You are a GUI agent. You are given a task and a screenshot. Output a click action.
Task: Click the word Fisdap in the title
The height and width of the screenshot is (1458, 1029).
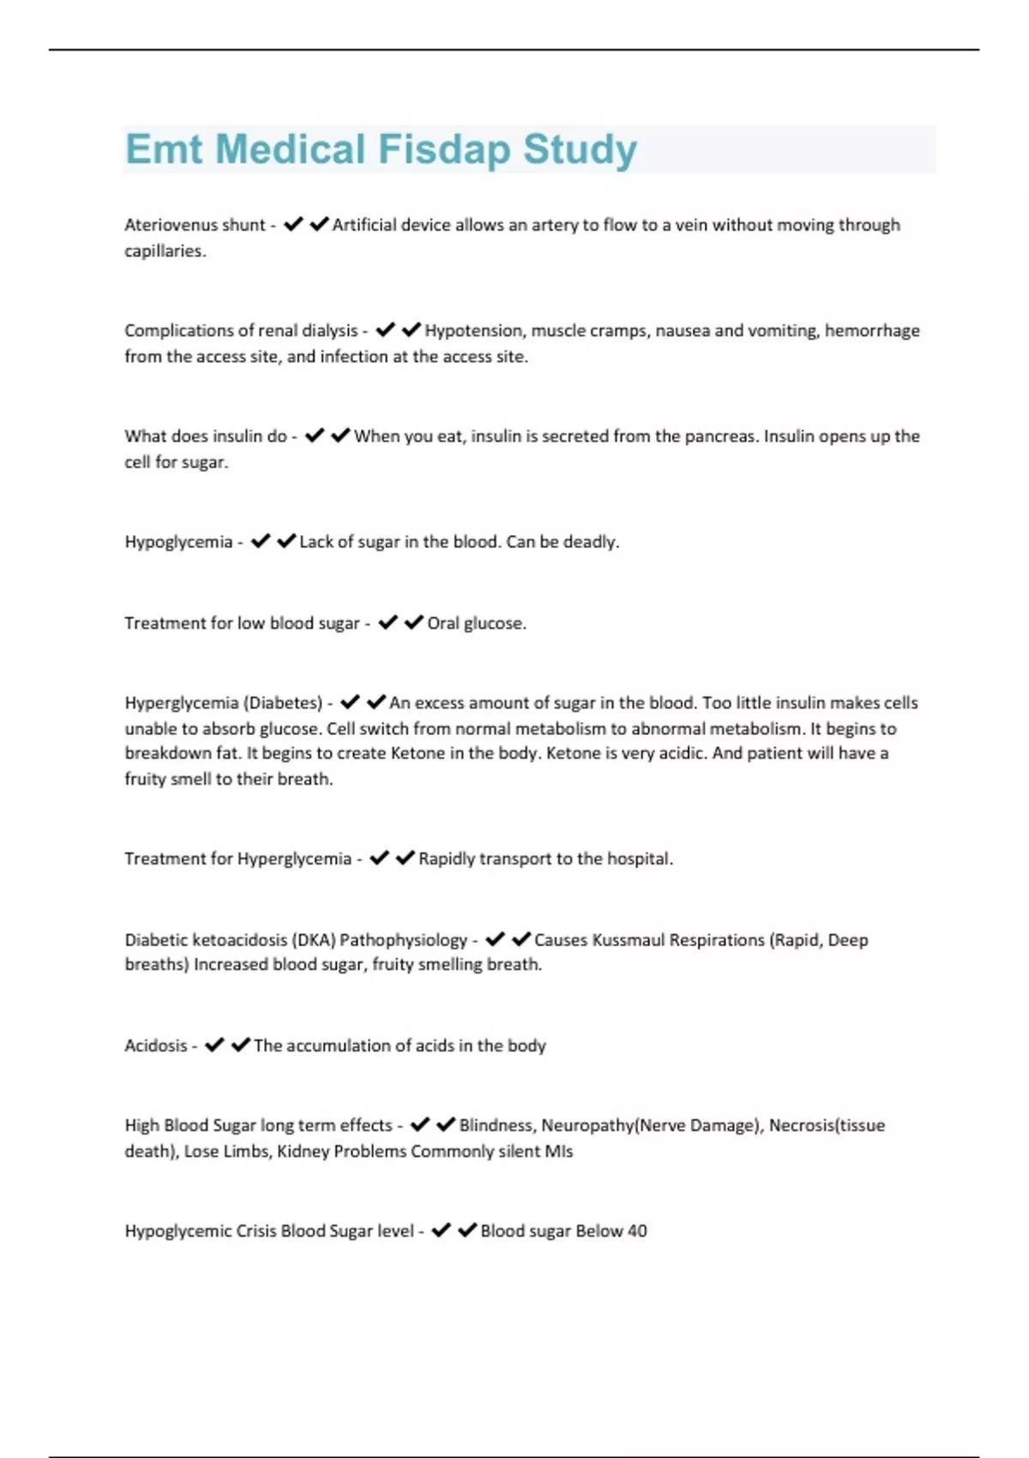443,149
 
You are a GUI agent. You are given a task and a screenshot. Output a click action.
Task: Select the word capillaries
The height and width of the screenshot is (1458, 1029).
164,251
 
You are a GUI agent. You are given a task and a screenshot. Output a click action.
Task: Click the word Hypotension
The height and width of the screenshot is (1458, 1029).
473,330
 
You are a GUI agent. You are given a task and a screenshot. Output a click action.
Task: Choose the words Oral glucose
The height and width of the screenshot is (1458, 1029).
476,624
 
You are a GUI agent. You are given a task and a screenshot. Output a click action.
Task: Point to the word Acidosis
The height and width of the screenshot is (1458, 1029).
155,1045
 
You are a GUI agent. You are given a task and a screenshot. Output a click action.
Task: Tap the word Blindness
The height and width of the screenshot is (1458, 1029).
496,1125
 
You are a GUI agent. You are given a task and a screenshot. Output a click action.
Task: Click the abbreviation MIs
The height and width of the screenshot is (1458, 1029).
558,1152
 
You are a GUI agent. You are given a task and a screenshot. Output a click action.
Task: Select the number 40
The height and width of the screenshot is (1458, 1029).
636,1231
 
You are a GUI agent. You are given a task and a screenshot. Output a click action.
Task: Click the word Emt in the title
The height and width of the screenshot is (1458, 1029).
164,149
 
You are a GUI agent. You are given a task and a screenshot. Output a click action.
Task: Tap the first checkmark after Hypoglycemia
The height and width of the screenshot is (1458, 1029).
261,541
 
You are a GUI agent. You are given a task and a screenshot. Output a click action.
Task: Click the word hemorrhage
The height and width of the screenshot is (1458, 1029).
872,330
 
